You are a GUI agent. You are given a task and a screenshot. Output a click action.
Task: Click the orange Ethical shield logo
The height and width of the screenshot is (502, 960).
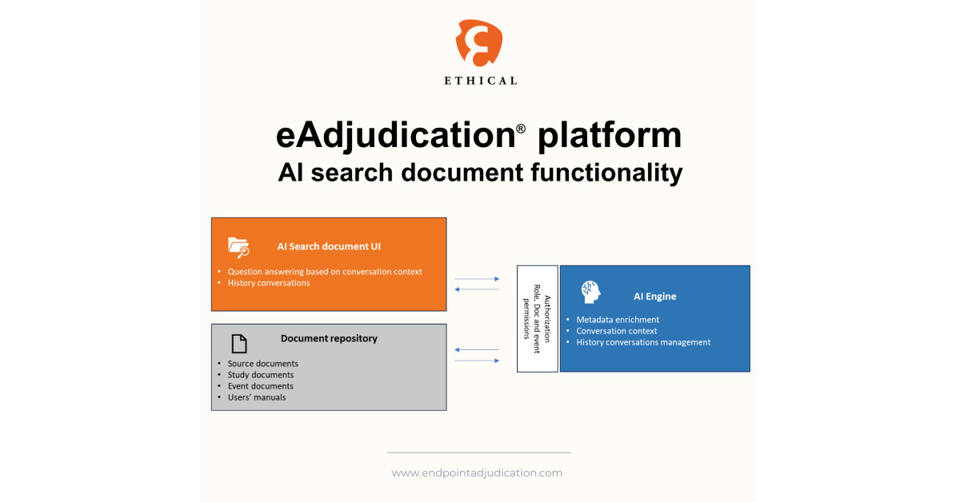[479, 42]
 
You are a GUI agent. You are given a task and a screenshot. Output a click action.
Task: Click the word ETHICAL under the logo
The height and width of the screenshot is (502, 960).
[480, 81]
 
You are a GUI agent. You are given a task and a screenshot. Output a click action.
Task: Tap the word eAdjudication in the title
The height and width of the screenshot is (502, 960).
[395, 136]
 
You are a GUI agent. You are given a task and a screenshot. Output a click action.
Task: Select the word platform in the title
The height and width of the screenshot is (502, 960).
[610, 136]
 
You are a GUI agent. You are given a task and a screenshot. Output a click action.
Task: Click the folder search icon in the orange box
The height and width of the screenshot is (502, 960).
[238, 246]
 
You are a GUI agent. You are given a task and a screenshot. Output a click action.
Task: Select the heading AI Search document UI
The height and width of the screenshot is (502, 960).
[329, 246]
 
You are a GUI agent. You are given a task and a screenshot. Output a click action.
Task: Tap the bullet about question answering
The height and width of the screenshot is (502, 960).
[324, 272]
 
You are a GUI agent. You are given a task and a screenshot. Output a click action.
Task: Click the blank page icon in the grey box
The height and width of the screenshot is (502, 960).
[238, 344]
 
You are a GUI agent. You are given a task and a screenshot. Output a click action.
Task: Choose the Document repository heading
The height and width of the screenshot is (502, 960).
[329, 338]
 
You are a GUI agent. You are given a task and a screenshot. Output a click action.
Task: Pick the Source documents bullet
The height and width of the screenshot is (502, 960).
[262, 364]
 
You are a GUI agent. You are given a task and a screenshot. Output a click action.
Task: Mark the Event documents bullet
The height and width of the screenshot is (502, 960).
[260, 386]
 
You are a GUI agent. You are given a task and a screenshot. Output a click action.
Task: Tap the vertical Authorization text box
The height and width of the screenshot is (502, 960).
[537, 318]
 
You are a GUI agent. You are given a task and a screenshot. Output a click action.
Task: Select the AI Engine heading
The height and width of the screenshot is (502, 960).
[654, 297]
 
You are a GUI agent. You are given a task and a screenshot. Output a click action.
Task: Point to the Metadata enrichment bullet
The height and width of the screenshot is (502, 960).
[618, 320]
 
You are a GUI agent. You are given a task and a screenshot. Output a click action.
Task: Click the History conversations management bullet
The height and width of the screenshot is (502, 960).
[643, 342]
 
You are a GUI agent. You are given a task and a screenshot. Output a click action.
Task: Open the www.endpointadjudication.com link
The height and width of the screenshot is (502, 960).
[477, 473]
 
